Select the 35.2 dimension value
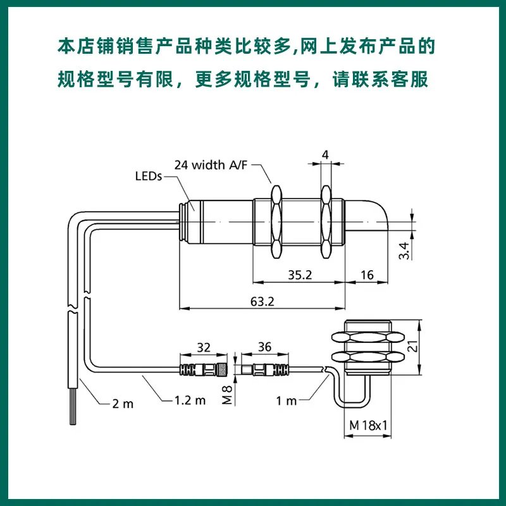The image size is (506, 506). click(300, 275)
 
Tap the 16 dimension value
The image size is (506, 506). click(367, 275)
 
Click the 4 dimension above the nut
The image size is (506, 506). click(325, 154)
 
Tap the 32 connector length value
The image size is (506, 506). click(204, 347)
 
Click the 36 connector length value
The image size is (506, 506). click(264, 347)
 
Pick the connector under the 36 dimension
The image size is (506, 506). click(265, 369)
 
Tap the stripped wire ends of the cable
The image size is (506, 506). click(72, 414)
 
